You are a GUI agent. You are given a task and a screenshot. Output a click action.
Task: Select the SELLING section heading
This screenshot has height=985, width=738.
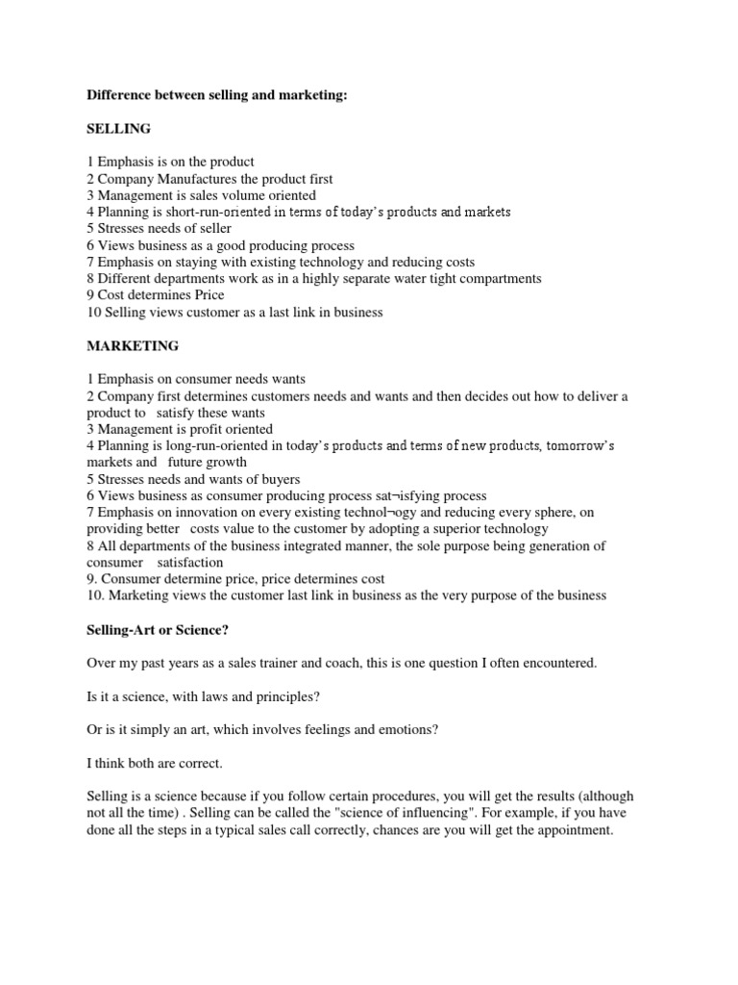tap(118, 128)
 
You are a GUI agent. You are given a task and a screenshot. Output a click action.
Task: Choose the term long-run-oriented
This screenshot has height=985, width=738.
tap(211, 445)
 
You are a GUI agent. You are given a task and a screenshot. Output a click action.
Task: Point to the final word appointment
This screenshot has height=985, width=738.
tap(574, 830)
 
